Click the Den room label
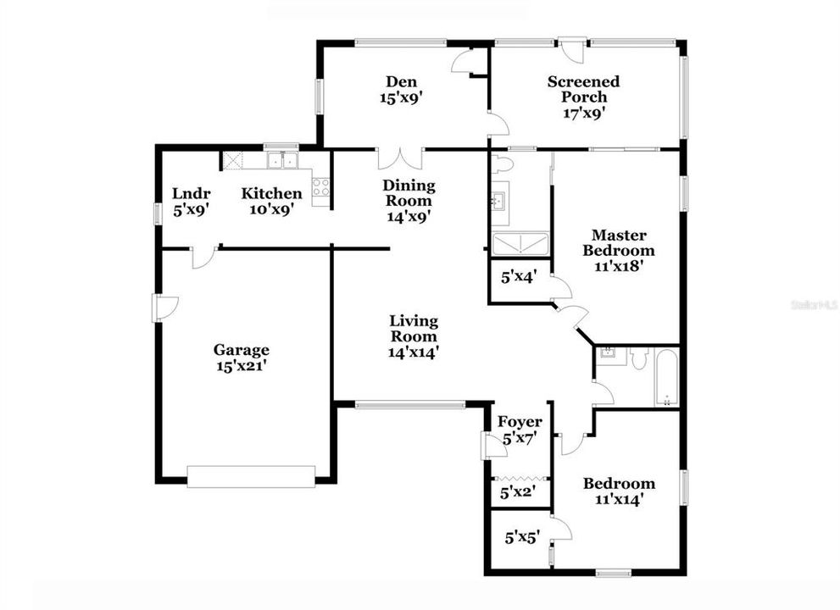point(394,81)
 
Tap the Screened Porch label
point(583,89)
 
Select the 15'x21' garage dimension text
point(242,366)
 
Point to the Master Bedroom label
point(623,242)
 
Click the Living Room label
point(414,329)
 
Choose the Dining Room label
point(409,193)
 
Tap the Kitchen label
point(271,193)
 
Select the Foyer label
point(520,422)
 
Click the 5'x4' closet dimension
point(519,276)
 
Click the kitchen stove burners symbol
point(320,187)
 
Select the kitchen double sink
point(282,159)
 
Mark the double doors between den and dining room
point(399,158)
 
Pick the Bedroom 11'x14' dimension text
point(619,499)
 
